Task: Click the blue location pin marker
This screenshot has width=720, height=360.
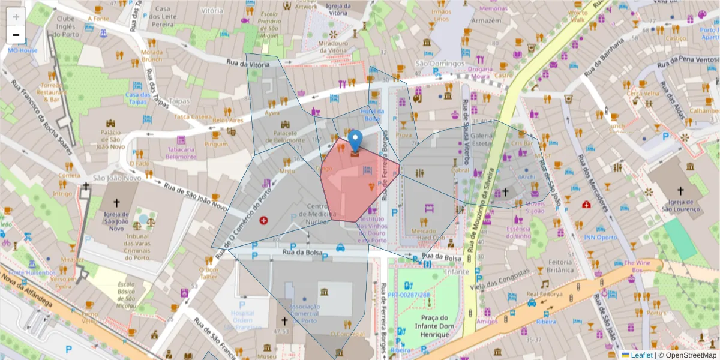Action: tap(355, 140)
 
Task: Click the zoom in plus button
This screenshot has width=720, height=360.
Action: tap(16, 17)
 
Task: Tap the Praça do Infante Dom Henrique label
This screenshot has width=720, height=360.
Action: tap(427, 326)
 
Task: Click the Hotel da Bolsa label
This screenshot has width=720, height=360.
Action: tap(372, 115)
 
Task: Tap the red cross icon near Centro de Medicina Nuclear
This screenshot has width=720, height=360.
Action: tap(263, 221)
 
